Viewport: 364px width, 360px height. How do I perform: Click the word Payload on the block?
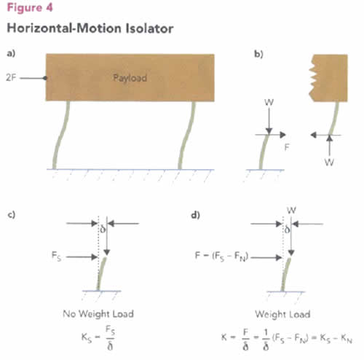[x=130, y=78]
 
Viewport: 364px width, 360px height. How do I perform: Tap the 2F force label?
[x=11, y=78]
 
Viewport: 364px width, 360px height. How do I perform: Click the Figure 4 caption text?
[x=30, y=7]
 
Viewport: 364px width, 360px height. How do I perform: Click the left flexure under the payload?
[x=60, y=135]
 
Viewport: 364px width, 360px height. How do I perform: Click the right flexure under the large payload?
[x=186, y=135]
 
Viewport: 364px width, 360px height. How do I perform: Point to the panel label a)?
[x=11, y=53]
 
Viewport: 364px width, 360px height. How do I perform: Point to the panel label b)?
[x=258, y=54]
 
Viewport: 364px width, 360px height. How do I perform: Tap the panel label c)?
[x=11, y=215]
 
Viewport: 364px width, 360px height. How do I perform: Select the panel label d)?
[x=196, y=215]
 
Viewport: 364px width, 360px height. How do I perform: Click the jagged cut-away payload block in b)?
[x=328, y=78]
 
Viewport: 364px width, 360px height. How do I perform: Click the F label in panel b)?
[x=287, y=147]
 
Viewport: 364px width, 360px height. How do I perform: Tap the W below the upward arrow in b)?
[x=329, y=162]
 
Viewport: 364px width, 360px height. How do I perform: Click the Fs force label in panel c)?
[x=56, y=256]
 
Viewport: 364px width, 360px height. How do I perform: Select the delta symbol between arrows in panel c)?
[x=103, y=230]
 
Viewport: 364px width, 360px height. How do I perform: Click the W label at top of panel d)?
[x=291, y=210]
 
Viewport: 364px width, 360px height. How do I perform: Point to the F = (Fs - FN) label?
[x=221, y=257]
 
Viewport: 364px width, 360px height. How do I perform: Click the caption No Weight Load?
[x=98, y=313]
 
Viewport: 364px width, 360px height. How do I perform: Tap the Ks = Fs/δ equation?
[x=98, y=337]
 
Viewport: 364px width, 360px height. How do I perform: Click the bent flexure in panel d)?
[x=286, y=275]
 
